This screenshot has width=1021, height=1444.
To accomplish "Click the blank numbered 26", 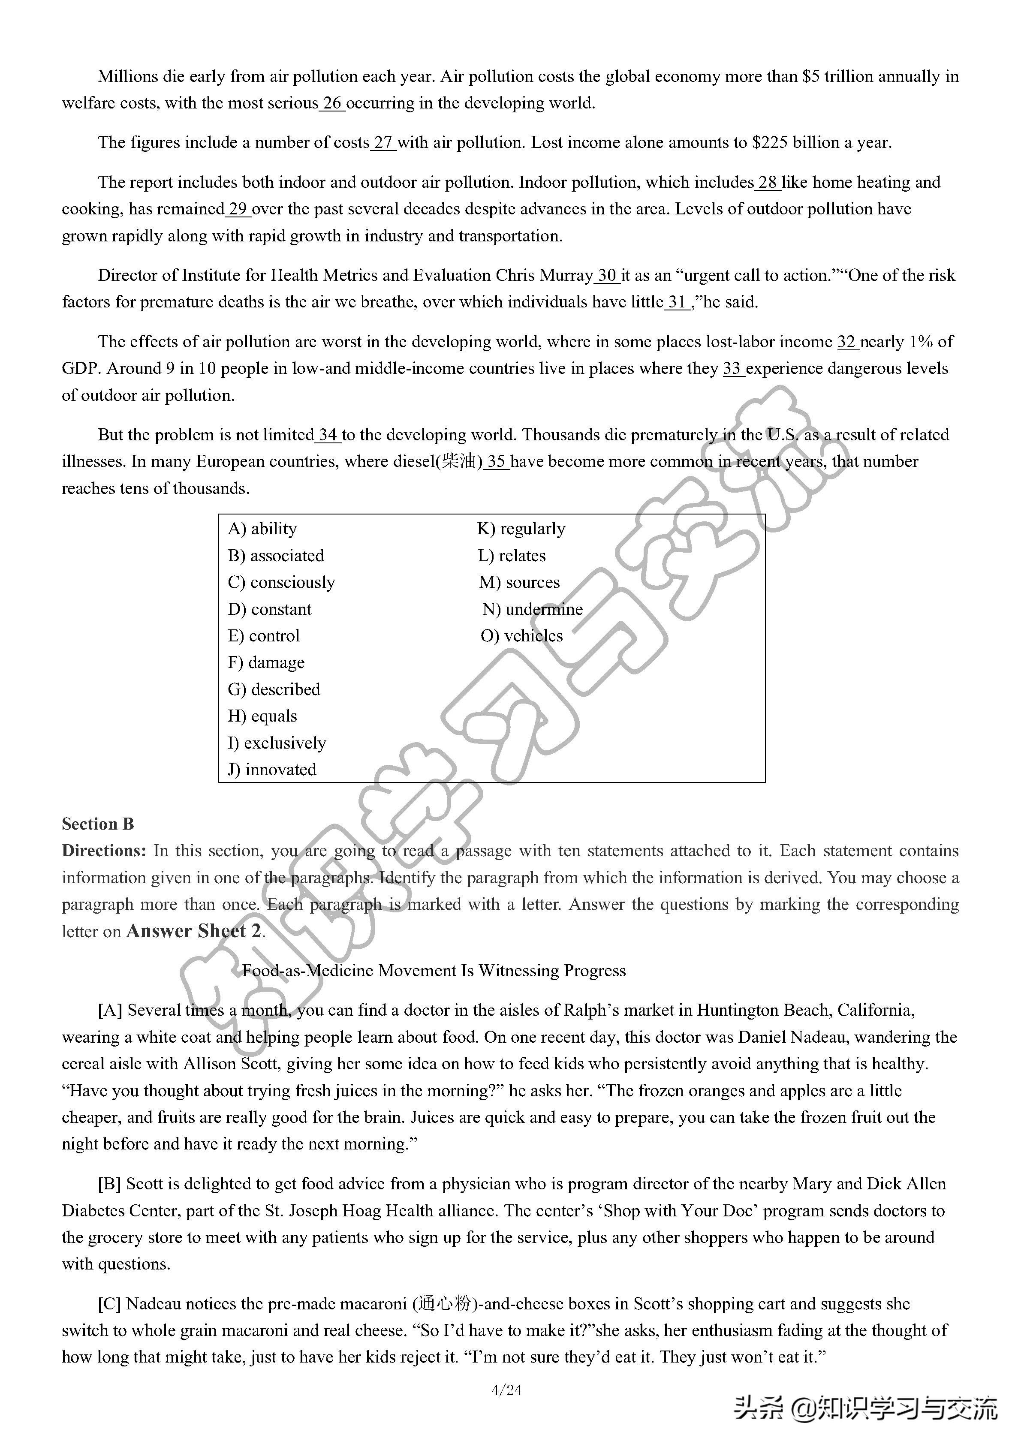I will (x=332, y=103).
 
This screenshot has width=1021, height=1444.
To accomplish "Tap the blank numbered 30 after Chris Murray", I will (x=607, y=276).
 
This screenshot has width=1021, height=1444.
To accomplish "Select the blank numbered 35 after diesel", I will (x=496, y=462).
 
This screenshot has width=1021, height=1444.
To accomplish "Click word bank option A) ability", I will (x=262, y=529).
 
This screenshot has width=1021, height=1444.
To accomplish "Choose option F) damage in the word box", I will (x=266, y=663).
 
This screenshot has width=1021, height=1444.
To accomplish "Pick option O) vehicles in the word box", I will (x=521, y=636).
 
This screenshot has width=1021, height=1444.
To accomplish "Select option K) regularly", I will (x=521, y=529).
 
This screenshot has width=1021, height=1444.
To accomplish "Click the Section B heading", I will (x=97, y=824).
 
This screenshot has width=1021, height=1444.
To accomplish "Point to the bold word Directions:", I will (x=104, y=851).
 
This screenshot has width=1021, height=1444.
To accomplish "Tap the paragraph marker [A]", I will (x=110, y=1011).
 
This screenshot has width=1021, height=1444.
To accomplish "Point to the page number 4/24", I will (x=506, y=1390).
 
